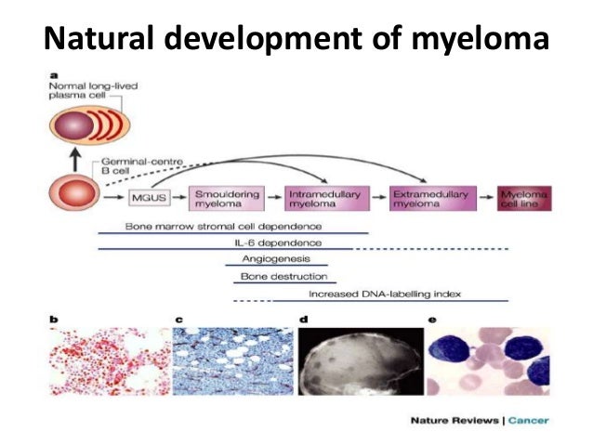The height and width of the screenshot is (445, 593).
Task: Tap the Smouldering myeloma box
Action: tap(226, 197)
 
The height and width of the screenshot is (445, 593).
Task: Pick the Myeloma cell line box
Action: tap(523, 197)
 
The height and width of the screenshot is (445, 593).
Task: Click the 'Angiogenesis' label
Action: tap(270, 259)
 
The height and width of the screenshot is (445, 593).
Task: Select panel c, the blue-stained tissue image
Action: tap(233, 357)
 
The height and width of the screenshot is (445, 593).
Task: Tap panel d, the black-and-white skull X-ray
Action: tap(359, 357)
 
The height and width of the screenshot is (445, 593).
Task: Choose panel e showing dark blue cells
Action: tap(487, 357)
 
